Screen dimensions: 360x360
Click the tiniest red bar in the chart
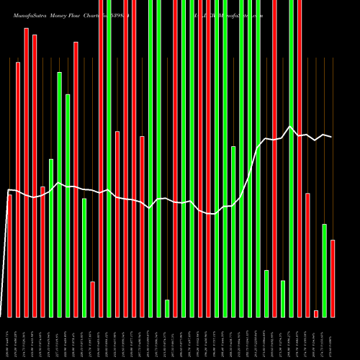pos(315,313)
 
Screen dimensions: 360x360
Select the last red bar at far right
pos(332,278)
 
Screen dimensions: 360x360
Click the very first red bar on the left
pos(9,256)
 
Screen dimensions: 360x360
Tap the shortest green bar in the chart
pos(167,308)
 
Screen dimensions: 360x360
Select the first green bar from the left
pos(51,238)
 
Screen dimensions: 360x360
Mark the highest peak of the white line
pos(290,127)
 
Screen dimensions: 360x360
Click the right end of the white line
pos(332,137)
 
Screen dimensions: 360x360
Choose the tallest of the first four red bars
pos(26,173)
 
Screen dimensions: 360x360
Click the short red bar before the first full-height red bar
pos(92,299)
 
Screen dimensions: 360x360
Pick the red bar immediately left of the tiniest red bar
pos(307,255)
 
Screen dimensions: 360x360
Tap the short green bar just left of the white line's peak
pos(283,298)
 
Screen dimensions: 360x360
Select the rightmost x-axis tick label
pos(332,338)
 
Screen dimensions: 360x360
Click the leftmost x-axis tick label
pos(9,338)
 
